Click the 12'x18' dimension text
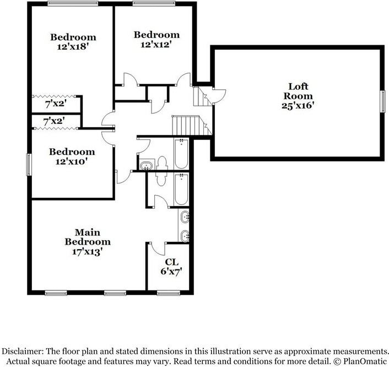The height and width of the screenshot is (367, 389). [73, 47]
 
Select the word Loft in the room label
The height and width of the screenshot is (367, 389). [299, 86]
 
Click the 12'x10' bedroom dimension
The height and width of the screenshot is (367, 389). [72, 162]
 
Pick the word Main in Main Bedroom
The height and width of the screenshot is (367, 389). [88, 232]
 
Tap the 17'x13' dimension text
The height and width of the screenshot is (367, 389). [87, 251]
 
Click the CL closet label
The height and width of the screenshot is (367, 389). [171, 262]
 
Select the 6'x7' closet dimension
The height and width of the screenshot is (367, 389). [171, 272]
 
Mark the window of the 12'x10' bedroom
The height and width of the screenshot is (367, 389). [30, 165]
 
